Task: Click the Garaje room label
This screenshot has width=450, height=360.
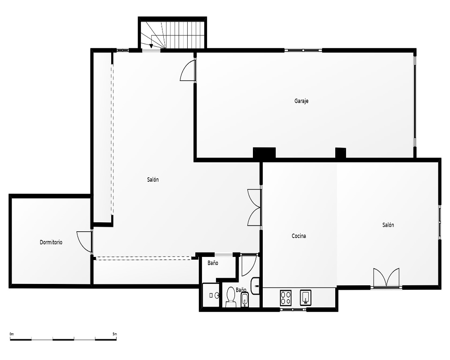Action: pyautogui.click(x=301, y=101)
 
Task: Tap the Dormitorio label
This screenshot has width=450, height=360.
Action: pyautogui.click(x=51, y=242)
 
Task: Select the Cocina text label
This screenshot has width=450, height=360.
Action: pyautogui.click(x=299, y=236)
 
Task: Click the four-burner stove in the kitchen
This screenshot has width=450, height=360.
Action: pyautogui.click(x=286, y=298)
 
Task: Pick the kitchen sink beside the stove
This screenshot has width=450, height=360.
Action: pyautogui.click(x=306, y=298)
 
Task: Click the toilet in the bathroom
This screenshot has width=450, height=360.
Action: pyautogui.click(x=230, y=297)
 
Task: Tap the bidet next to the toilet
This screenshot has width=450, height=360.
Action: pyautogui.click(x=244, y=299)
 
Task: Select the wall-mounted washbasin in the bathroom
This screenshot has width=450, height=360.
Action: pyautogui.click(x=255, y=286)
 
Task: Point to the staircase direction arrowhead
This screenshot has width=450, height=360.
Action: pyautogui.click(x=151, y=46)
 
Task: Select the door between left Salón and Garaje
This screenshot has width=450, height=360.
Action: pyautogui.click(x=187, y=70)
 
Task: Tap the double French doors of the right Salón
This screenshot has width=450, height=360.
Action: pyautogui.click(x=386, y=277)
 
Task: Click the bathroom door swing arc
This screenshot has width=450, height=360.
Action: pyautogui.click(x=249, y=265)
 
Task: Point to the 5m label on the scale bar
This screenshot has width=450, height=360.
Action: pyautogui.click(x=114, y=334)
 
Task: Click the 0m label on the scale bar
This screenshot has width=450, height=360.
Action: pyautogui.click(x=12, y=334)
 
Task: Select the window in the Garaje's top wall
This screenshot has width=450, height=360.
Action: pyautogui.click(x=303, y=50)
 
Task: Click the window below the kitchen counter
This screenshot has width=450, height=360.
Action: pyautogui.click(x=293, y=310)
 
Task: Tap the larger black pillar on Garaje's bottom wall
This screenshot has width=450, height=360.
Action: pyautogui.click(x=264, y=153)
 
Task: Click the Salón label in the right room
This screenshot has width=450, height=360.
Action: pyautogui.click(x=388, y=225)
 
